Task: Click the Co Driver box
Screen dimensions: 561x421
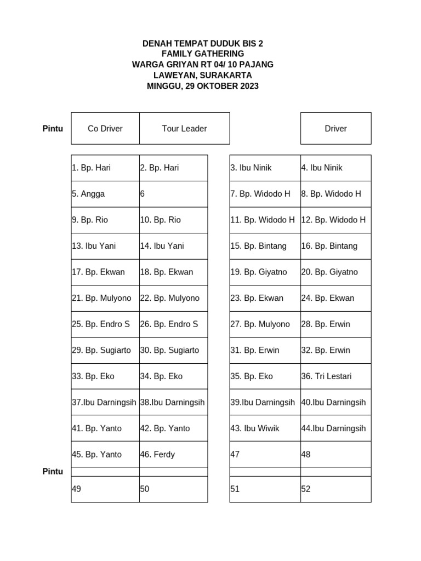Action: click(x=105, y=129)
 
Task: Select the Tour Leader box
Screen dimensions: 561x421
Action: click(x=184, y=129)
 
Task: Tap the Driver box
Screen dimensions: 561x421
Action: click(x=335, y=129)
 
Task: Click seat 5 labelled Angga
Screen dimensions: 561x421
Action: click(x=105, y=194)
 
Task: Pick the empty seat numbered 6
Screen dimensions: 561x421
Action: click(x=173, y=194)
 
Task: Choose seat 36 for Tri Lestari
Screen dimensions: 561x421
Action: click(x=335, y=376)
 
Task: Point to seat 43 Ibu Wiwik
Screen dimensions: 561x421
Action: click(x=265, y=428)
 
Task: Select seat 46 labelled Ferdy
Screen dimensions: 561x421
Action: click(x=173, y=454)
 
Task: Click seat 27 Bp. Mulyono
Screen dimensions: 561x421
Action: click(x=265, y=324)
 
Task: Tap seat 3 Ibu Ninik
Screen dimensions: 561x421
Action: click(x=265, y=168)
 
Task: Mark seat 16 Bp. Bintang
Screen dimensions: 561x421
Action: click(x=335, y=246)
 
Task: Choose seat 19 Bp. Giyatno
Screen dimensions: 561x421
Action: click(x=265, y=272)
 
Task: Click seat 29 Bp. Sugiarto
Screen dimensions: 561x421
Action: click(x=105, y=350)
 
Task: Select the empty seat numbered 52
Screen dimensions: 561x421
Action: click(x=335, y=489)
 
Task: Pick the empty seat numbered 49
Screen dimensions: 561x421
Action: click(x=105, y=489)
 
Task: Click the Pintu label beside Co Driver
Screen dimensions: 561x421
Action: click(x=53, y=129)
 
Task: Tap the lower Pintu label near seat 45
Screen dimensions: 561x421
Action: click(x=53, y=471)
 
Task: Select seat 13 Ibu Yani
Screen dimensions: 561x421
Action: click(x=105, y=246)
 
